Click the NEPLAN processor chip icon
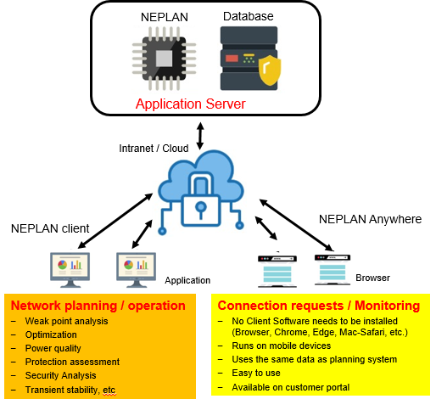click(164, 59)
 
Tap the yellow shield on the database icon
click(270, 70)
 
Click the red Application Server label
click(191, 104)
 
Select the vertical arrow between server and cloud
click(200, 136)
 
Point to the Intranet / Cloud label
click(154, 149)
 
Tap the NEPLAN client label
click(50, 228)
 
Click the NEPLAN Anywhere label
click(370, 219)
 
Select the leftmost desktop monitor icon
click(70, 270)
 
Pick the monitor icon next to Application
click(137, 270)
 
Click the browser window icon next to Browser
click(333, 270)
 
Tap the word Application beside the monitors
click(187, 280)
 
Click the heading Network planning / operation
click(98, 306)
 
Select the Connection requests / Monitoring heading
click(319, 306)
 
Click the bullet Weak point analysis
click(66, 321)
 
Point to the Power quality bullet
click(53, 348)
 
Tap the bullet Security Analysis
click(61, 375)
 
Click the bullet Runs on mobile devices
click(282, 346)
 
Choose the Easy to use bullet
click(256, 373)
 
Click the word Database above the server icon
click(249, 16)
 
